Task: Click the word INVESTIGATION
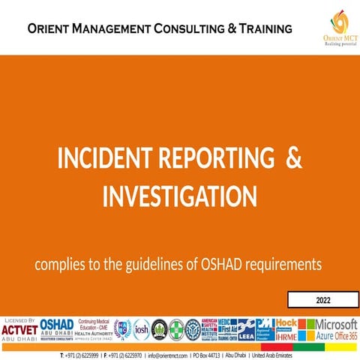[x=180, y=196]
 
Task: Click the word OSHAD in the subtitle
[x=232, y=265]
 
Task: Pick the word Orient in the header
[x=51, y=29]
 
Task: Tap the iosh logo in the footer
[x=140, y=329]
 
